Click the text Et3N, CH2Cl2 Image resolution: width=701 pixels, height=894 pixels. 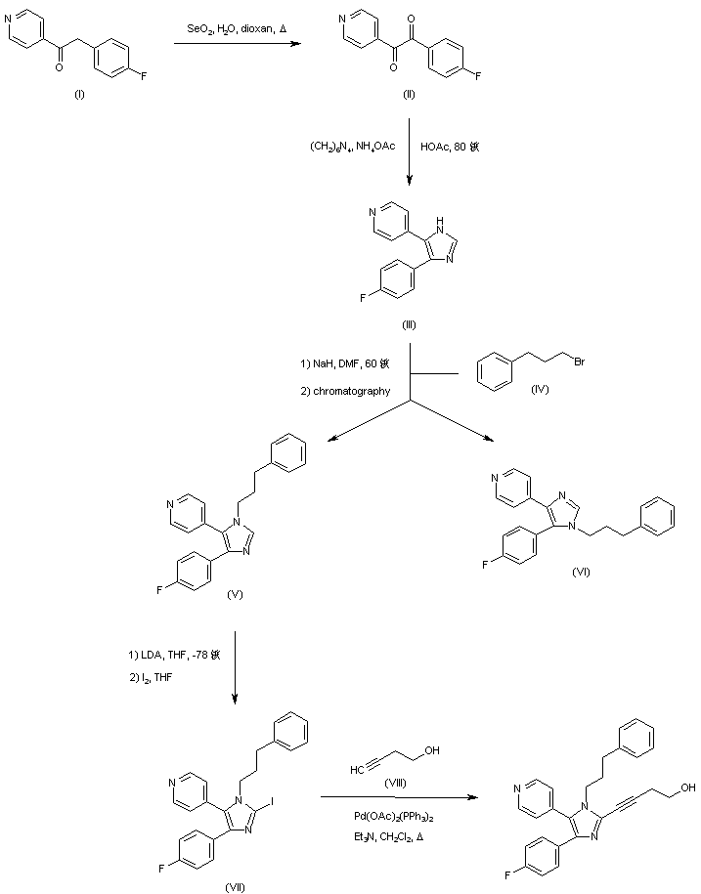point(395,836)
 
